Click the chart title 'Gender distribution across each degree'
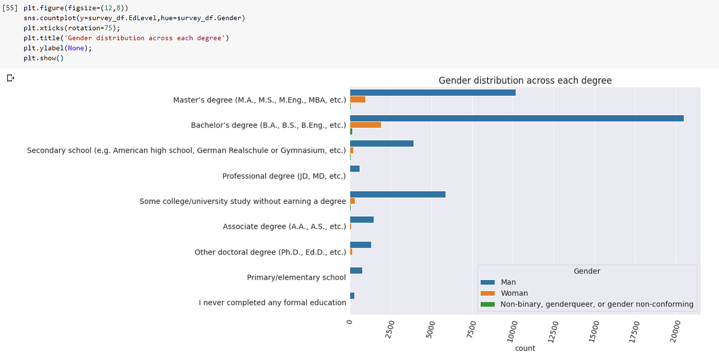(525, 81)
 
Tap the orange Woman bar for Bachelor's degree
(365, 125)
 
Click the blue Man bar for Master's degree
(432, 93)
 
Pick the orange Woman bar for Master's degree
(357, 99)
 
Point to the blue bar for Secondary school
(382, 143)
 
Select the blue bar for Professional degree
(354, 169)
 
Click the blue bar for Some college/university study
(398, 194)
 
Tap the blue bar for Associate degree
(362, 220)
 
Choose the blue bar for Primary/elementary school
(356, 271)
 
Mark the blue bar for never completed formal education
(352, 296)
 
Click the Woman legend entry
(514, 293)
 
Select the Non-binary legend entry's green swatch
(487, 304)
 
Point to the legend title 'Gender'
(586, 271)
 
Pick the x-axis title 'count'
(525, 348)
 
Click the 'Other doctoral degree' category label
(270, 252)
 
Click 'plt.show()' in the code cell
(43, 58)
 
